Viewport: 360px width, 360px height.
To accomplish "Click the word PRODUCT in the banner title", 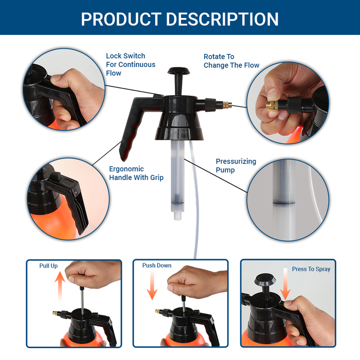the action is (121, 19).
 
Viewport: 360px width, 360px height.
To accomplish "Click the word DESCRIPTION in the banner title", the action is (222, 19).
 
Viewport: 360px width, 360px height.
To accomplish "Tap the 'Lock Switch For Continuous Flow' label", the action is (131, 64).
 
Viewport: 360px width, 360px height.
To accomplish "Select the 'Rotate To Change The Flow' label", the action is (231, 61).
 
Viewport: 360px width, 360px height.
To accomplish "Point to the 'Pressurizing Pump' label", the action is (236, 166).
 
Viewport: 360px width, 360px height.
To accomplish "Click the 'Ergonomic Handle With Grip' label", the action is (136, 173).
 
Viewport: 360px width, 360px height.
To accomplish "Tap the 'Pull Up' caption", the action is (48, 266).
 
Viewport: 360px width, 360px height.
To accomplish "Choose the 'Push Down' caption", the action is (157, 265).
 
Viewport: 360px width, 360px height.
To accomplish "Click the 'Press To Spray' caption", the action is (311, 269).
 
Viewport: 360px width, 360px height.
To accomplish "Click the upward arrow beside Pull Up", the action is (60, 286).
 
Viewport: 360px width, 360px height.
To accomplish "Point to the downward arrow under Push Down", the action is (152, 285).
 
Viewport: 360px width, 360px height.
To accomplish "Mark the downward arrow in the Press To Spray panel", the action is (285, 284).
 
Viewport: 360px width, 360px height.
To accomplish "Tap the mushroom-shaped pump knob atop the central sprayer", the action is (178, 71).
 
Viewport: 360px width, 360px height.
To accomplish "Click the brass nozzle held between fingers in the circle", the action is (272, 104).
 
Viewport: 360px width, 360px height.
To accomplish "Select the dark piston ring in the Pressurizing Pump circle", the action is (284, 203).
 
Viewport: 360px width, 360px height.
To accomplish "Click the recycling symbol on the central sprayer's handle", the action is (150, 102).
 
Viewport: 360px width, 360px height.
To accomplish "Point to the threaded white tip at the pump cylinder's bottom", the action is (178, 216).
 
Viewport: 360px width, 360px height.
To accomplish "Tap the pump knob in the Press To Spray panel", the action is (265, 279).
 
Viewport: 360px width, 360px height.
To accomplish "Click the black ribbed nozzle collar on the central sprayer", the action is (210, 105).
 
